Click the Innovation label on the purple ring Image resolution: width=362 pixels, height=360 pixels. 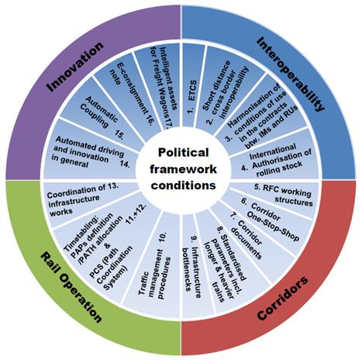pos(76,66)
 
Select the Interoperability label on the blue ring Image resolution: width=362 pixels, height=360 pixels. pos(291,74)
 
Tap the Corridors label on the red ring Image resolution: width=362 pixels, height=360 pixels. pos(283,298)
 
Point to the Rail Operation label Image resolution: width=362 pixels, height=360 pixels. pos(71,288)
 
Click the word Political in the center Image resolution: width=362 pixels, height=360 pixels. pos(183,152)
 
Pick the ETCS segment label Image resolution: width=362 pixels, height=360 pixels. pos(191,97)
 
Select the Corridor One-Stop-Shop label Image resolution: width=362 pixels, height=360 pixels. pos(272,222)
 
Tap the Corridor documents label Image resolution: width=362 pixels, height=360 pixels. pos(246,239)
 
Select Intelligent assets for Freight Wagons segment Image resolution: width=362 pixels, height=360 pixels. pos(161,86)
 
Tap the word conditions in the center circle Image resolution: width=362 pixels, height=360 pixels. pos(183,185)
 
